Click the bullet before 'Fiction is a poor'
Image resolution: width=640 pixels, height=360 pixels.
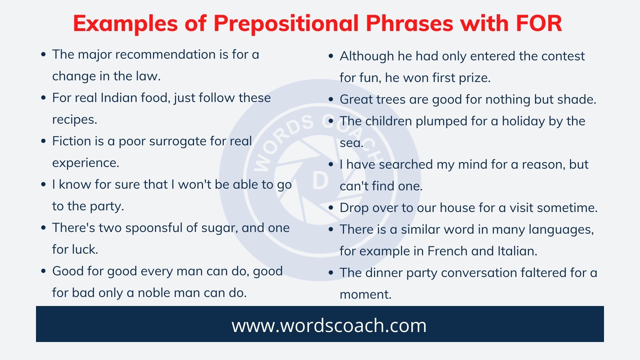tap(43, 141)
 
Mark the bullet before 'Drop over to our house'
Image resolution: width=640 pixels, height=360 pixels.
tap(331, 208)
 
